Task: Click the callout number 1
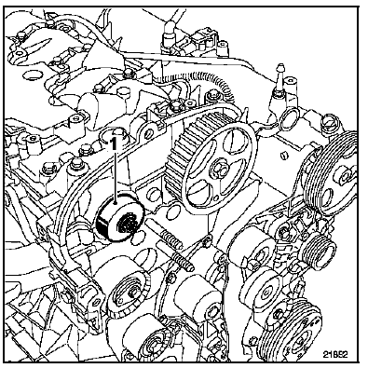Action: [115, 144]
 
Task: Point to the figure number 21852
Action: [335, 354]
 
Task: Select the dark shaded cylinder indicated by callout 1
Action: [120, 217]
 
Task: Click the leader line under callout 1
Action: [116, 177]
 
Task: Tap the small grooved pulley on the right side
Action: [320, 252]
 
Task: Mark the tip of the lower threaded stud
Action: [192, 267]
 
